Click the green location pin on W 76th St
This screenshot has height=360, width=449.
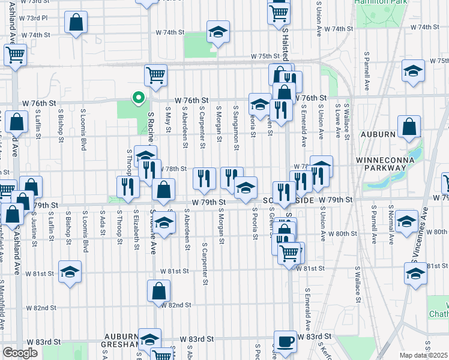[x=137, y=97]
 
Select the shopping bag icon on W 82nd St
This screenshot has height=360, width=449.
[x=158, y=292]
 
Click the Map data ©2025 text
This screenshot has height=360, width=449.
[x=423, y=355]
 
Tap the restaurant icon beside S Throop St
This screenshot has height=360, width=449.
[x=127, y=187]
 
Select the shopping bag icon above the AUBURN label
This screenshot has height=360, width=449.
[x=409, y=127]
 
